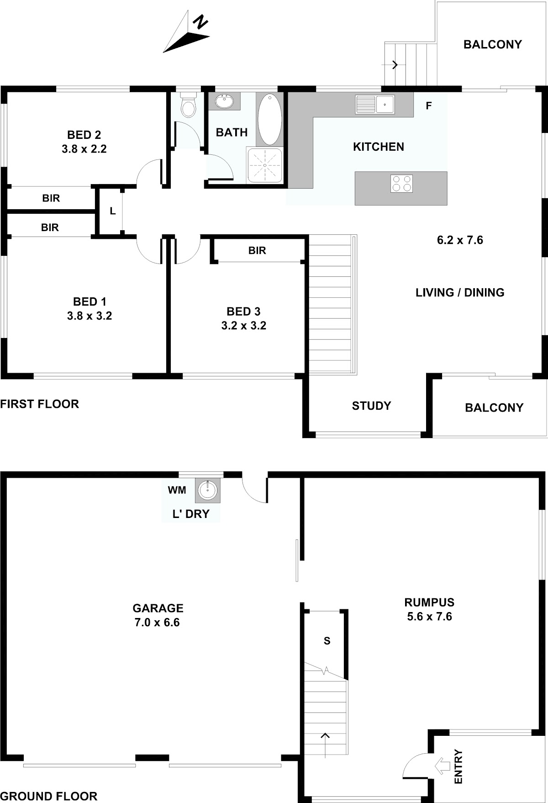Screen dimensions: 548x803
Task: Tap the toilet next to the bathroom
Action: pos(188,105)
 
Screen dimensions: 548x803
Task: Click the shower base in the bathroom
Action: pos(265,165)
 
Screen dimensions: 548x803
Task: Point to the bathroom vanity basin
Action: pos(224,101)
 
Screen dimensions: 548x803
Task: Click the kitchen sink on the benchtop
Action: pos(374,105)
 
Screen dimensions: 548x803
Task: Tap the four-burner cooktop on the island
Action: pos(401,184)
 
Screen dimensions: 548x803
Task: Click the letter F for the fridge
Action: pos(428,106)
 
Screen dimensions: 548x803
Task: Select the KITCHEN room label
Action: pos(379,147)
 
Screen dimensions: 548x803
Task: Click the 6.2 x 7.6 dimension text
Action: pos(460,240)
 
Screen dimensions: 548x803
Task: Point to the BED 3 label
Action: pos(243,312)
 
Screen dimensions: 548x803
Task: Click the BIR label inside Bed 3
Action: pos(257,250)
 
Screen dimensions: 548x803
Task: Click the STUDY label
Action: pos(371,406)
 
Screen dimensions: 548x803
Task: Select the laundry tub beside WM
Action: pos(208,490)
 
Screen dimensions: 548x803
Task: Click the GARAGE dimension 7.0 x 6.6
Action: pos(157,622)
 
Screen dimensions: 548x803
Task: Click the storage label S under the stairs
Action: pos(327,641)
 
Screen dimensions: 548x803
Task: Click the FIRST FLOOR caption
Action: pos(40,404)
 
